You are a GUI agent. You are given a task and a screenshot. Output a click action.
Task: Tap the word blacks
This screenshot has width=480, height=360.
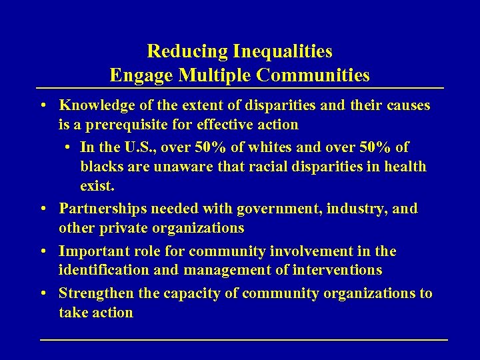(101, 166)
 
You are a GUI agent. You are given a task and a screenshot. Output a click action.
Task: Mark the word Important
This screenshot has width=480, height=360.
(92, 251)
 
